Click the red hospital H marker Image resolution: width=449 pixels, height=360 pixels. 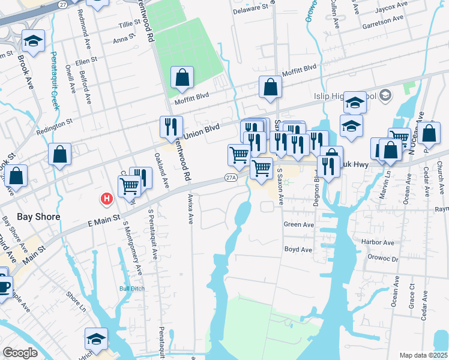tap(107, 198)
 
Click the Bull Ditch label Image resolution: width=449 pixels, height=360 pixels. tap(133, 289)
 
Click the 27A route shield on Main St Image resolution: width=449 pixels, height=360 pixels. tap(231, 177)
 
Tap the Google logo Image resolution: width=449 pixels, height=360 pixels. tap(20, 353)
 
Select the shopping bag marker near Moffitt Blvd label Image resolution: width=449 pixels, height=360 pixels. tap(182, 78)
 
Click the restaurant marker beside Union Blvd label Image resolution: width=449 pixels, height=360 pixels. tap(171, 127)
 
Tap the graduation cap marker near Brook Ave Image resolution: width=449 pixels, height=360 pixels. tap(34, 41)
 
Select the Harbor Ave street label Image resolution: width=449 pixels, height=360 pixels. tap(379, 243)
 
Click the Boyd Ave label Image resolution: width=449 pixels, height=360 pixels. tap(298, 249)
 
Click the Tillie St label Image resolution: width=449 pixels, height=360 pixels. tap(128, 25)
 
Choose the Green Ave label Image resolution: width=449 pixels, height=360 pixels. tap(299, 225)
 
